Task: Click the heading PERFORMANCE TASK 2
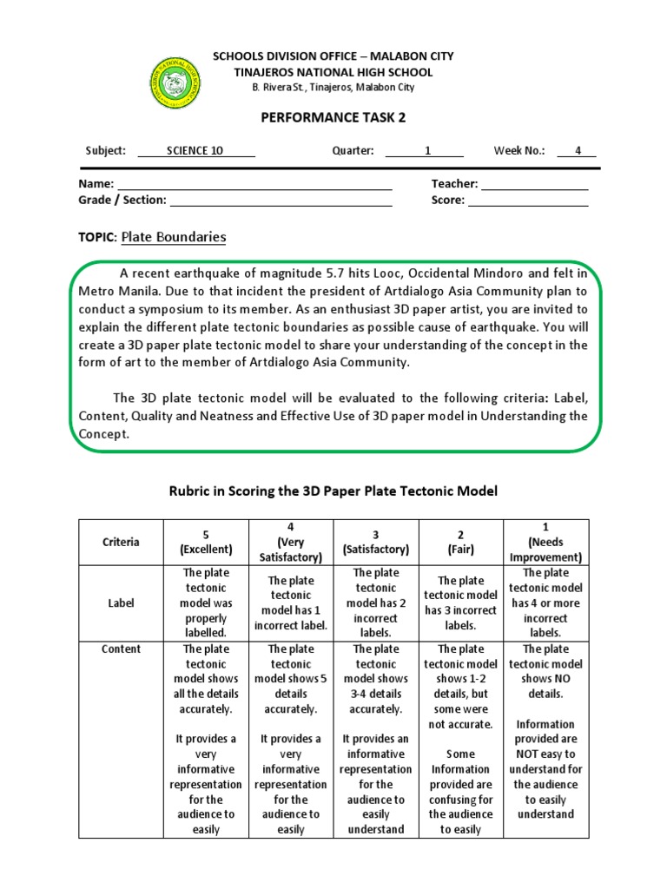pos(333,117)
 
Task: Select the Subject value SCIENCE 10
pos(195,150)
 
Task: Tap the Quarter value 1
pos(427,150)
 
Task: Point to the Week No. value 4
pos(578,150)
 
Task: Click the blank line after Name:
pos(254,186)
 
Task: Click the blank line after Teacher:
pos(534,186)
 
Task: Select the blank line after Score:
pos(528,202)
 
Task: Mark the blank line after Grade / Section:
pos(281,202)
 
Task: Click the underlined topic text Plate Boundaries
pos(174,237)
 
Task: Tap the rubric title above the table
pos(333,491)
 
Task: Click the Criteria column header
pos(121,543)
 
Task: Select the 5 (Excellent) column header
pos(206,543)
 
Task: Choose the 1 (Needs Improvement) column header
pos(545,543)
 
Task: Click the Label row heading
pos(121,603)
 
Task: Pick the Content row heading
pos(121,649)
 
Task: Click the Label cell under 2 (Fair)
pos(460,603)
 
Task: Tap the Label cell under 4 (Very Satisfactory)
pos(290,603)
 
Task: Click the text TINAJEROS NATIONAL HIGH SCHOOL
pos(333,72)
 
